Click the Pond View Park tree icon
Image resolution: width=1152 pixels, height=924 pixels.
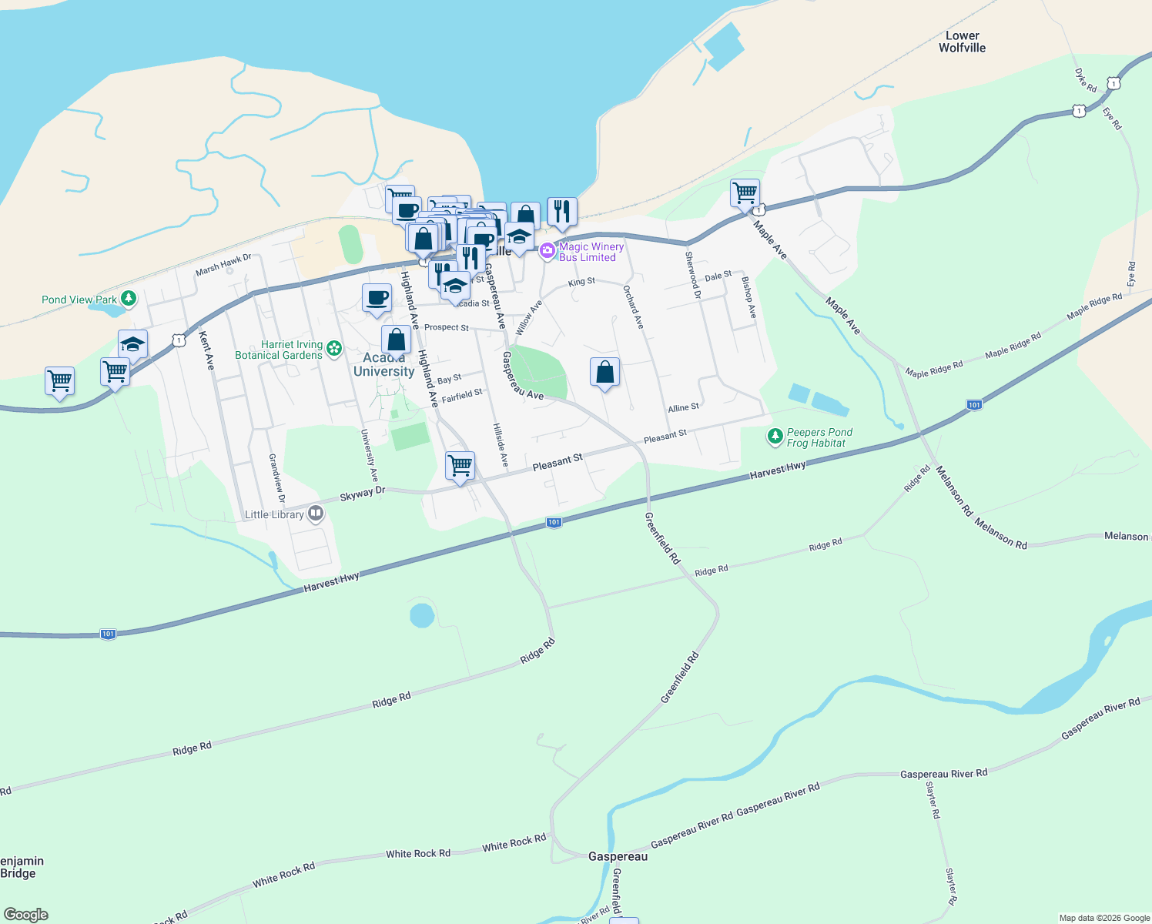129,298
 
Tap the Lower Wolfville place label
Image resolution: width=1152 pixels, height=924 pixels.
962,42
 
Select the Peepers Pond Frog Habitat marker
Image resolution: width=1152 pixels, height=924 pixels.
775,437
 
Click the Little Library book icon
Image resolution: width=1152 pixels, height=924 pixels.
315,514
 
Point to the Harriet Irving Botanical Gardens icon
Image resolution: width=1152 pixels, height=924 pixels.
334,349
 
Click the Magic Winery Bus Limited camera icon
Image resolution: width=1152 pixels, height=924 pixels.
547,250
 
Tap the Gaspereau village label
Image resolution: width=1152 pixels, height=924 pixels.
618,856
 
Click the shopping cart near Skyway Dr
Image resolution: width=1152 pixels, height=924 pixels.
460,465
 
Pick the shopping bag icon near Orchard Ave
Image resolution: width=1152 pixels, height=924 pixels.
604,372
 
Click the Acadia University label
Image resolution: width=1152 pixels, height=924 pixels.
383,364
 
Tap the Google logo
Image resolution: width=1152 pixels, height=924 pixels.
26,915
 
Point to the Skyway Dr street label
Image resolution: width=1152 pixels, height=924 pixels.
362,494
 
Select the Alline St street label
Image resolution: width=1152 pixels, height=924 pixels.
683,407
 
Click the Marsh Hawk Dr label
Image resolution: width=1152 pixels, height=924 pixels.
223,264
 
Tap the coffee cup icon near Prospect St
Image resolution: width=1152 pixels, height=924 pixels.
377,298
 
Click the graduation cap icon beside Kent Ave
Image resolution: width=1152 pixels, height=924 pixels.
132,344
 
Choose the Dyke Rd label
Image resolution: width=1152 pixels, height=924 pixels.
1086,80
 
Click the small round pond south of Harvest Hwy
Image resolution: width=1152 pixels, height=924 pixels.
422,615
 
